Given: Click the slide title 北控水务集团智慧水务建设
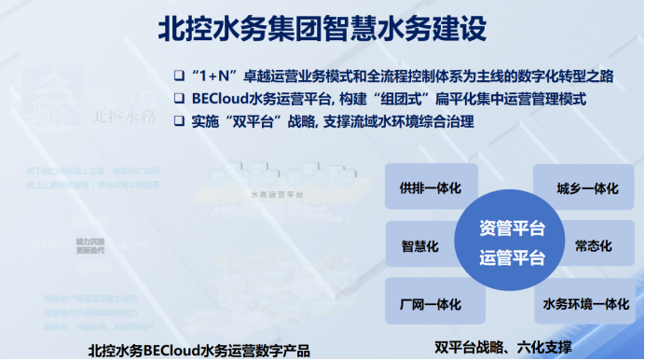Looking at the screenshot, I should click(x=322, y=29).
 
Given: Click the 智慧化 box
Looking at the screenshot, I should click(x=419, y=246).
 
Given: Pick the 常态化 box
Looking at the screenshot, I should click(x=593, y=246).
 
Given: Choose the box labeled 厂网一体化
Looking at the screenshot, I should click(x=432, y=304).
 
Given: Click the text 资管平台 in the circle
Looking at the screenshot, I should click(x=512, y=228).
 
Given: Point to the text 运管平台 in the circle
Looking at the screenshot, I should click(x=512, y=258).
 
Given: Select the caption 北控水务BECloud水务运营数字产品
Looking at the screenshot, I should click(x=199, y=349).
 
